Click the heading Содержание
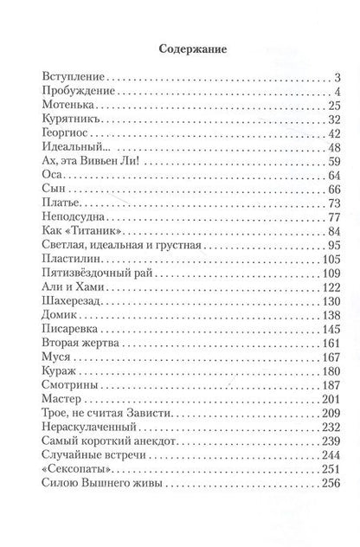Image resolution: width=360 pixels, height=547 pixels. (180, 50)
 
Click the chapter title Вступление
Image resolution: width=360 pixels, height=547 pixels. (71, 79)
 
